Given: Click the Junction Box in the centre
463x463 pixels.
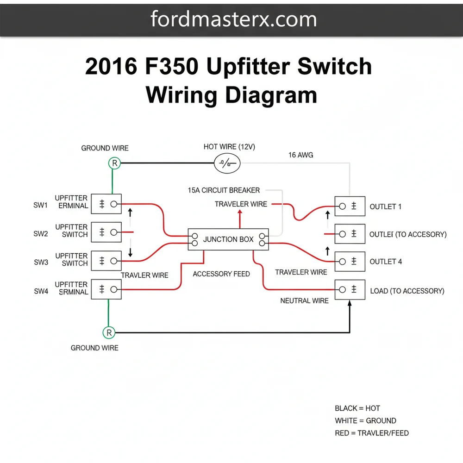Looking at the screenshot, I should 229,239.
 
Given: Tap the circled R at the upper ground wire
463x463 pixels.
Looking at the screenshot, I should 114,163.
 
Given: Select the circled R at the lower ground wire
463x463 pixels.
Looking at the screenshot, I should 109,332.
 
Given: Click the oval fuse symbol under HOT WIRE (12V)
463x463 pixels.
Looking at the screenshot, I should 227,163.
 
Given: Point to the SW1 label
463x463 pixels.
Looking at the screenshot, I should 41,206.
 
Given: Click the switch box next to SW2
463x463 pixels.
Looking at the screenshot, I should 106,232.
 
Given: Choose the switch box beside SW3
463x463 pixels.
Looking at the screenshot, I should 106,261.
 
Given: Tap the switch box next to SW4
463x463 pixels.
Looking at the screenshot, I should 106,289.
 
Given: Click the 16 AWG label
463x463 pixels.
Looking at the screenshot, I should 300,155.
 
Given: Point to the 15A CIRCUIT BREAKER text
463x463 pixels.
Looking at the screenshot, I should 224,190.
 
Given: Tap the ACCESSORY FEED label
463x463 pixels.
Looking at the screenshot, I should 221,274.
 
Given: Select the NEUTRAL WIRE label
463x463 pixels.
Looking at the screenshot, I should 304,300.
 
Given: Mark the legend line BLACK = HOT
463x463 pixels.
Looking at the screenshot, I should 357,408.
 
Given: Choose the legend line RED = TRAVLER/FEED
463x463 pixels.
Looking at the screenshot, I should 371,433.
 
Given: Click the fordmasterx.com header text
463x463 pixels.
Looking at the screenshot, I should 233,19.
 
